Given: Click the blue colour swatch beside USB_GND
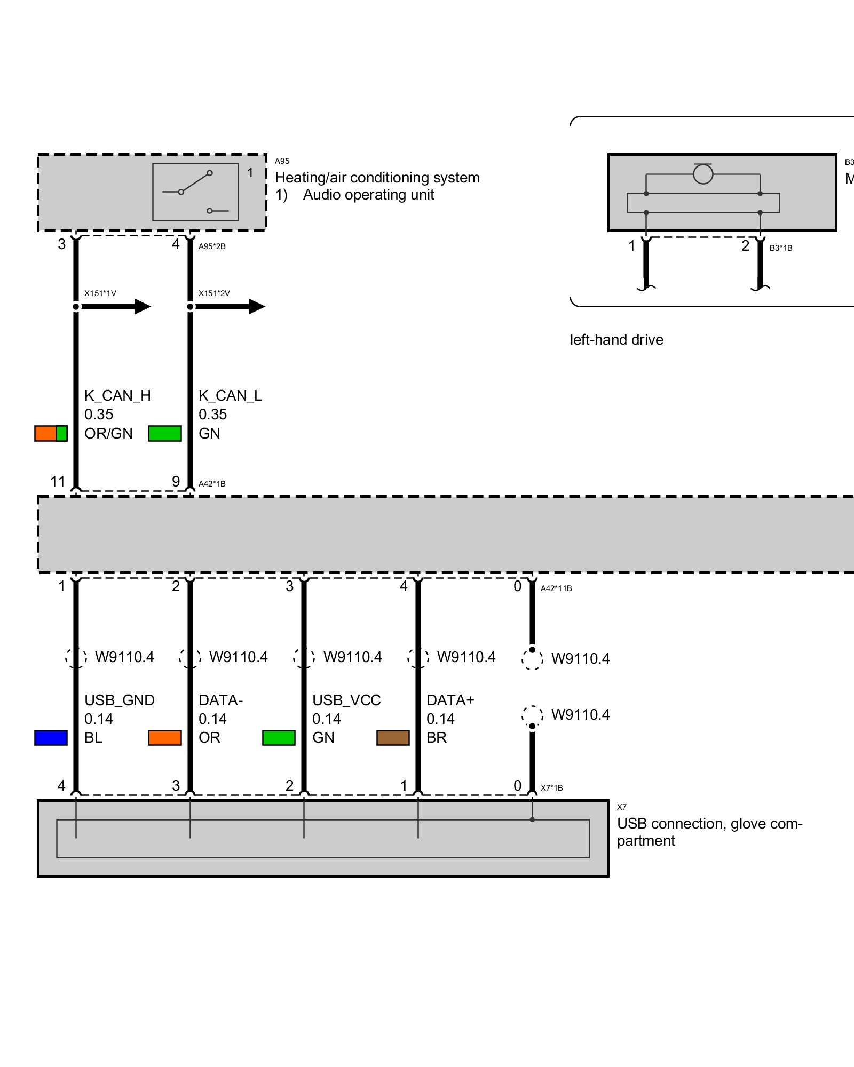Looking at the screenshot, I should [x=51, y=737].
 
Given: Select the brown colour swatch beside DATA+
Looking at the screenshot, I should [x=393, y=737].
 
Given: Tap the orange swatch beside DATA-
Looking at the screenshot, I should [x=164, y=737].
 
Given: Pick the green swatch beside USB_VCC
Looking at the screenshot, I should [x=279, y=737].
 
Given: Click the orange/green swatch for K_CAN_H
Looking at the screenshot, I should [x=51, y=433].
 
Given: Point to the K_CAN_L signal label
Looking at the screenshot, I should [x=230, y=395].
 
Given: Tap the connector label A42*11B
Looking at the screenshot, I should [x=556, y=588].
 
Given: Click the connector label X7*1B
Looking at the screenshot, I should [x=551, y=787].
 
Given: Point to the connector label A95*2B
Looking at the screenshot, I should [x=212, y=246].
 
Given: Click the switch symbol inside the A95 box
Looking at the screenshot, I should [x=195, y=192].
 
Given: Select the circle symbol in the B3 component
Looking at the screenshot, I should [x=703, y=174].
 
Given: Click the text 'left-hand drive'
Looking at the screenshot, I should [x=616, y=340].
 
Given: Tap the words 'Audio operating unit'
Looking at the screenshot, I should [x=368, y=195].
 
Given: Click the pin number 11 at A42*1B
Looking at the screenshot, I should [x=57, y=482].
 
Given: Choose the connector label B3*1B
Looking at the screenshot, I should [x=780, y=248].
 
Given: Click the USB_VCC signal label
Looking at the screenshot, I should [x=346, y=700].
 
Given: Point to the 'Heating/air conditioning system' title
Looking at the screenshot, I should [x=377, y=177].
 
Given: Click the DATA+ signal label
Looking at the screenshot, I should [x=450, y=700].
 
